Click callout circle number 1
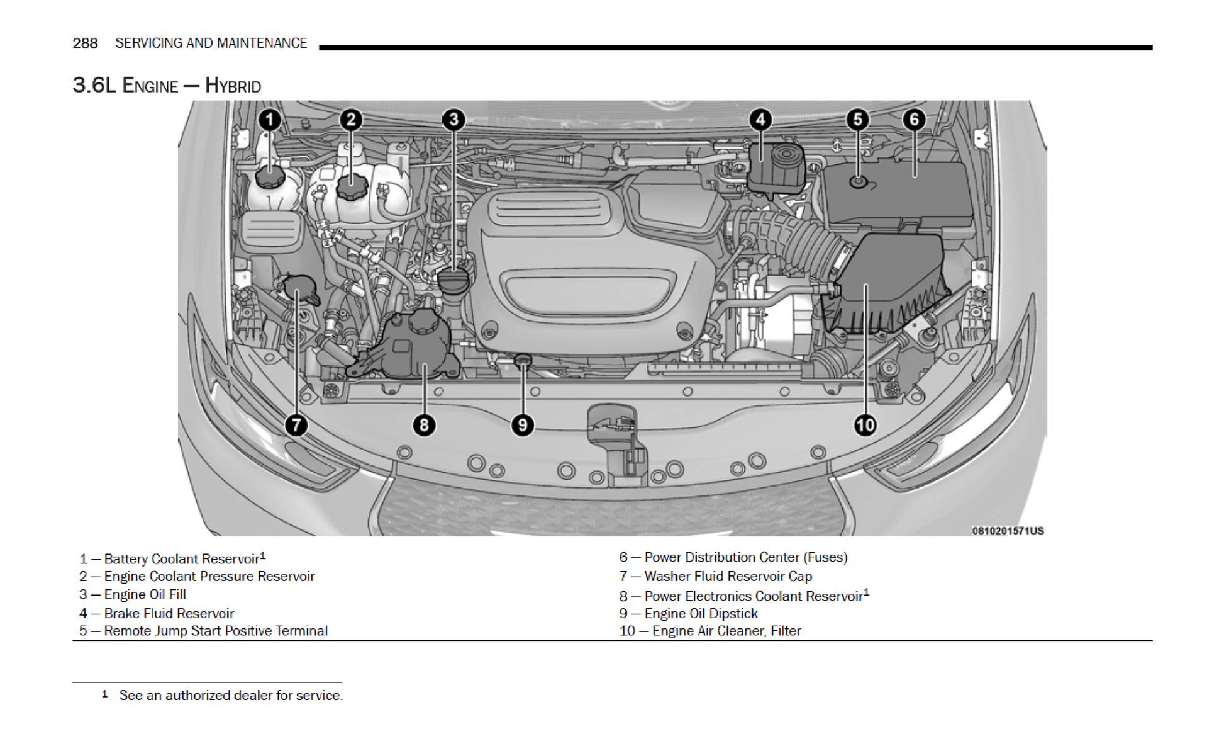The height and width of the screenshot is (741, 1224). pyautogui.click(x=269, y=120)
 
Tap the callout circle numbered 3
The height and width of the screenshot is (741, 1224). pyautogui.click(x=453, y=120)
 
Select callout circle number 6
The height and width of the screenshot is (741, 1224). pyautogui.click(x=914, y=120)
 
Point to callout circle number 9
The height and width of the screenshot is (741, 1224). pyautogui.click(x=522, y=425)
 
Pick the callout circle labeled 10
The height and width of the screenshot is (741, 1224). pyautogui.click(x=865, y=425)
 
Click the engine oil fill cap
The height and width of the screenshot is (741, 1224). pyautogui.click(x=453, y=279)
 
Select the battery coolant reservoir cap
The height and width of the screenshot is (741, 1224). pyautogui.click(x=270, y=177)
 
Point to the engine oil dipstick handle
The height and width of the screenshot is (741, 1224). pyautogui.click(x=523, y=361)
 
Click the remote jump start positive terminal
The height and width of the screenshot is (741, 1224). pyautogui.click(x=858, y=182)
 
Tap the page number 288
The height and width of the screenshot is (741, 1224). pyautogui.click(x=85, y=43)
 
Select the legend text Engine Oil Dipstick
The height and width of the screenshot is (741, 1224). pyautogui.click(x=701, y=613)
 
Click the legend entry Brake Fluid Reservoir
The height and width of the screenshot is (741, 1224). pyautogui.click(x=169, y=613)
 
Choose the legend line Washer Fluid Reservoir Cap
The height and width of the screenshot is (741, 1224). pyautogui.click(x=728, y=576)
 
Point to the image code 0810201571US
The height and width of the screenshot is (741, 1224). pyautogui.click(x=1008, y=531)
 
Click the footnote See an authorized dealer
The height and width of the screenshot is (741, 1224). pyautogui.click(x=230, y=695)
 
